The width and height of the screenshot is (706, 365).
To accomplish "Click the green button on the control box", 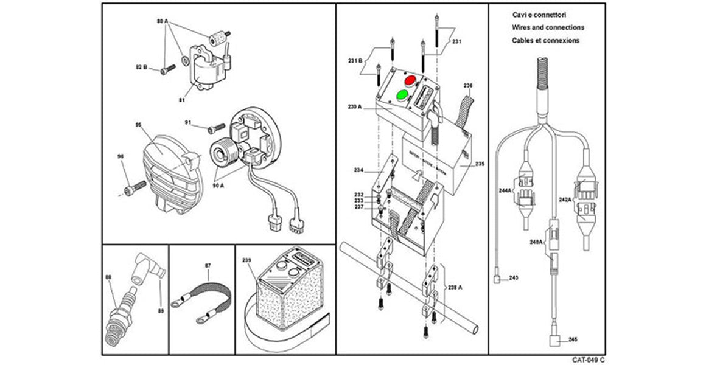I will [402, 94].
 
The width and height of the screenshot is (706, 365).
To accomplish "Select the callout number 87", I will [208, 266].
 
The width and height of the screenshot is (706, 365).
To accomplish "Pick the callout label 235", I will [479, 164].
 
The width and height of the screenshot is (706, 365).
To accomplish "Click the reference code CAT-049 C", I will [587, 360].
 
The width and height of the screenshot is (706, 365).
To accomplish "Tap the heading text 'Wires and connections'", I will [548, 28].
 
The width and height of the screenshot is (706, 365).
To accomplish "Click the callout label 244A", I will [505, 190].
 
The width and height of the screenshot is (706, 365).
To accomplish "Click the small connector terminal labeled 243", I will [498, 280].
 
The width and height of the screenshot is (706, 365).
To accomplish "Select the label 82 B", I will [141, 66].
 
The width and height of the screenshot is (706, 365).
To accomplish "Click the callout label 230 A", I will [355, 106].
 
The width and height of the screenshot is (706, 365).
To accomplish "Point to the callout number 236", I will [467, 85].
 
